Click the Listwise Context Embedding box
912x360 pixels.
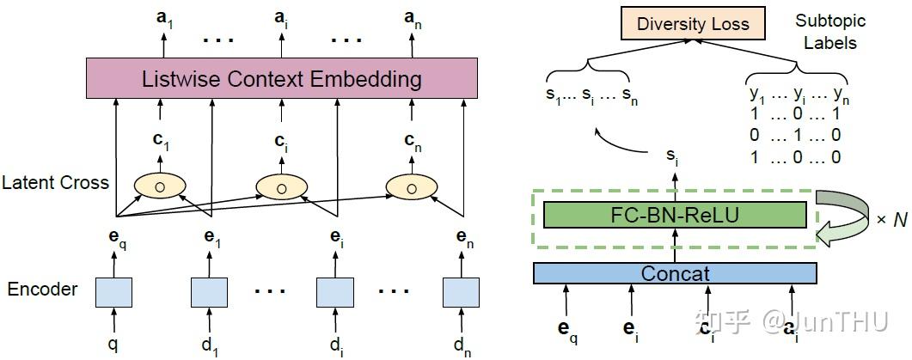tap(282, 79)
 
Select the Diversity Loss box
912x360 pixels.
tap(692, 24)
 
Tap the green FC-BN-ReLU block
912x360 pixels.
tap(676, 214)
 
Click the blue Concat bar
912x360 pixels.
tap(675, 273)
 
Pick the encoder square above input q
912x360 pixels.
tap(113, 291)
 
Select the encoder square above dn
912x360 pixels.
tap(461, 291)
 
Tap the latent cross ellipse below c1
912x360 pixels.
tap(159, 186)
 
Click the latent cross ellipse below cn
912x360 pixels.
tap(411, 186)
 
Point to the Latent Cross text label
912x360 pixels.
tap(56, 182)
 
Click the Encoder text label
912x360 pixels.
tap(42, 290)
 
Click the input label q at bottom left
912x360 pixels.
tap(113, 344)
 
